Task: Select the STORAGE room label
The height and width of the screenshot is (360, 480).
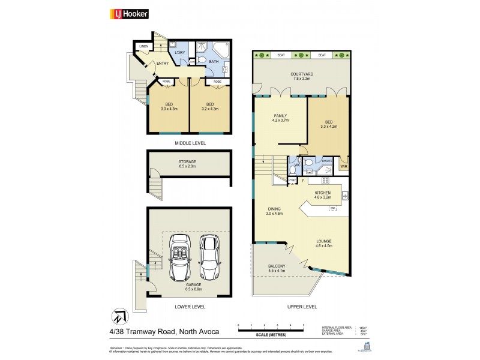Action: tap(187, 162)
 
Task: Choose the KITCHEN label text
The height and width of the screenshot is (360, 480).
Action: tap(323, 193)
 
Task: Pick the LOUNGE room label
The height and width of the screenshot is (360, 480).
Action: tap(324, 242)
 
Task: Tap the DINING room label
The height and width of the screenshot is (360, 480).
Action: tap(274, 209)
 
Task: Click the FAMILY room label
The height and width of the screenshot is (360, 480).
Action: tap(281, 116)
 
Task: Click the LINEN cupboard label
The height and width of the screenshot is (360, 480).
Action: tap(144, 46)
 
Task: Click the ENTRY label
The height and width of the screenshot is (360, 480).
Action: tap(162, 64)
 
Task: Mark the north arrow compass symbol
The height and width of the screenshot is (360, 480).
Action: tap(118, 316)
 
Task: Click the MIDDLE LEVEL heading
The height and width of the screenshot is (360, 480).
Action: tap(190, 143)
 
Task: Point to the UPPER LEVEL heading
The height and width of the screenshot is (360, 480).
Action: tap(302, 306)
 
